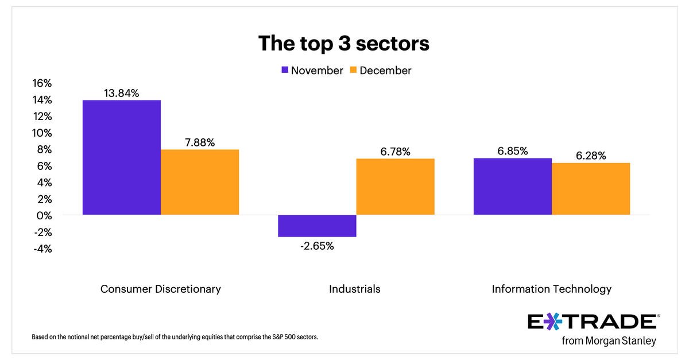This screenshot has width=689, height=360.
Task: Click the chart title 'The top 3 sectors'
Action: tap(344, 43)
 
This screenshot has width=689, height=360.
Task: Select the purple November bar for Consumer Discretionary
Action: tap(122, 158)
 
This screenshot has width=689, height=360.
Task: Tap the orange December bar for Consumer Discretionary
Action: tap(200, 182)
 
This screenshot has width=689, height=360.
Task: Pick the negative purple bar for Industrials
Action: tap(318, 226)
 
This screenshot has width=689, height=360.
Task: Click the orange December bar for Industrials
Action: tap(395, 187)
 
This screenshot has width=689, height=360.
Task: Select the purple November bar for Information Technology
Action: tap(512, 187)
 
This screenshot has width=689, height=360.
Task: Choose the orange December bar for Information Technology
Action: tap(590, 189)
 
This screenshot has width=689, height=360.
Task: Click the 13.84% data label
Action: tap(121, 92)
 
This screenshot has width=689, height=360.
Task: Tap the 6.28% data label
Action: tap(591, 156)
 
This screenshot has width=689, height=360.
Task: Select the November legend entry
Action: tap(311, 71)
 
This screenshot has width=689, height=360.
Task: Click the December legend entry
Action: tap(380, 71)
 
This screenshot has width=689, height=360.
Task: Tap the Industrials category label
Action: tap(354, 289)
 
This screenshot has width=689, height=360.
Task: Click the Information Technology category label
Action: tap(551, 289)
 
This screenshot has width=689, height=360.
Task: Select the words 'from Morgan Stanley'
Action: tap(608, 341)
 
